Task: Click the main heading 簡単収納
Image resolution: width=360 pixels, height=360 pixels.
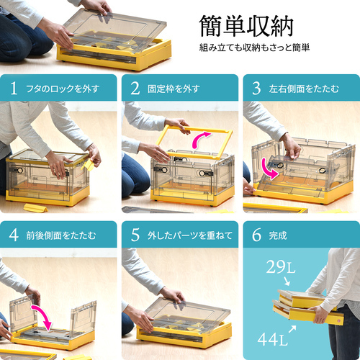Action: tap(246, 26)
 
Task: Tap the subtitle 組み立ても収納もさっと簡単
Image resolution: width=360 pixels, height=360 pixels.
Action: tap(254, 48)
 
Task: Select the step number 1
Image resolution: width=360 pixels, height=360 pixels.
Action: tap(14, 89)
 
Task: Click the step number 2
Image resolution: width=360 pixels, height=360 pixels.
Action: tap(135, 89)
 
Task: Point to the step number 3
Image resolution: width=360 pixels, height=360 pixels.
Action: tap(256, 89)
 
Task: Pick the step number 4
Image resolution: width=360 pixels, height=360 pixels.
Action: tap(14, 235)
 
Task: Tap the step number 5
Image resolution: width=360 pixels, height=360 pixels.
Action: tap(135, 235)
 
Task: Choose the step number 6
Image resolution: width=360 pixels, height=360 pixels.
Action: tap(256, 235)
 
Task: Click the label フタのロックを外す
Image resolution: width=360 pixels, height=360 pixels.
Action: tap(63, 89)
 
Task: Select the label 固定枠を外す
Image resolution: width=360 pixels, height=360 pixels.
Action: tap(174, 89)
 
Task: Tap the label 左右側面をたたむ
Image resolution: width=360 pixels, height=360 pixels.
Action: tap(304, 89)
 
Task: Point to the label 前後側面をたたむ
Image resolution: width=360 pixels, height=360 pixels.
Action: tap(61, 235)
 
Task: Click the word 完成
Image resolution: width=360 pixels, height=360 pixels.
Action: tap(278, 235)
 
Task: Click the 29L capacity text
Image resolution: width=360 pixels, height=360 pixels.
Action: tap(281, 266)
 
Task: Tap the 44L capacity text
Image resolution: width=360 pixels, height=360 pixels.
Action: tap(273, 339)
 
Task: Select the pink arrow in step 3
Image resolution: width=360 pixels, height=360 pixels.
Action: tap(269, 171)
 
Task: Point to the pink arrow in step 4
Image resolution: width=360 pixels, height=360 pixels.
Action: tap(45, 315)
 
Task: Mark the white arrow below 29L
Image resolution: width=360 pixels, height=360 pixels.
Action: tap(287, 281)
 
